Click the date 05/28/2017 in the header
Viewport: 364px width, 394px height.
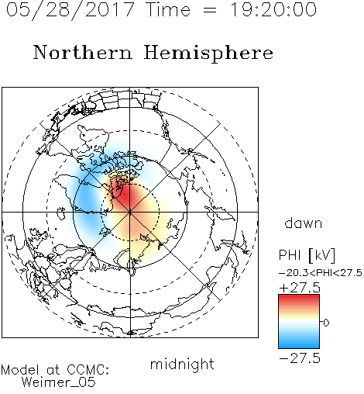[70, 9]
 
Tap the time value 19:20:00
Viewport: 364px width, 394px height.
[273, 9]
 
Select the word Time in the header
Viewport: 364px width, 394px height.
[168, 9]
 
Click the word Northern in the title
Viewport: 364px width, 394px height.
[83, 52]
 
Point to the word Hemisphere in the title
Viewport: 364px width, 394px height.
[208, 54]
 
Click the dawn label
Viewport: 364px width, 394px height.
[304, 223]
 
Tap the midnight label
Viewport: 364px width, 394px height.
[182, 364]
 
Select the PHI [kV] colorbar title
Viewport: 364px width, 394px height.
[307, 255]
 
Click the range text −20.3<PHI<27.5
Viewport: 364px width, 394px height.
[321, 273]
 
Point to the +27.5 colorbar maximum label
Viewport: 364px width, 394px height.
[300, 288]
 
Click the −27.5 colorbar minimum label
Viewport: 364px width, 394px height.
[300, 358]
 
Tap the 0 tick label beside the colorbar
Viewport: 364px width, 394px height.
[326, 323]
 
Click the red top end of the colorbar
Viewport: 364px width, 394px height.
[299, 297]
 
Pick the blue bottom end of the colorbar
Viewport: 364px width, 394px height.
[299, 346]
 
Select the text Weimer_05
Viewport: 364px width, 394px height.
[59, 382]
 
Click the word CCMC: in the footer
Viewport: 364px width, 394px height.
[88, 370]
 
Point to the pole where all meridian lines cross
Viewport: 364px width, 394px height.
[130, 212]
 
